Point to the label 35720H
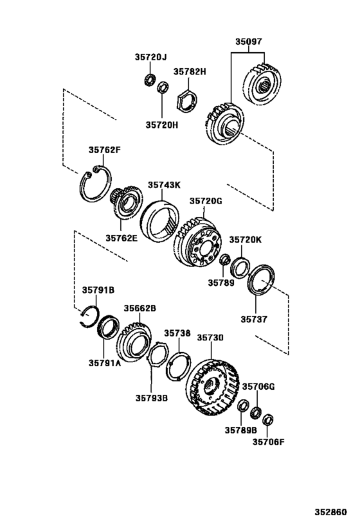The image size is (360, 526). (161, 126)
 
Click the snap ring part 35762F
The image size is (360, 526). (96, 184)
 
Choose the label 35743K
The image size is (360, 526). (165, 184)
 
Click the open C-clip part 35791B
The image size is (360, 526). (89, 317)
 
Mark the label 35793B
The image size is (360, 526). (152, 398)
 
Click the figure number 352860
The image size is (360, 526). (330, 513)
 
